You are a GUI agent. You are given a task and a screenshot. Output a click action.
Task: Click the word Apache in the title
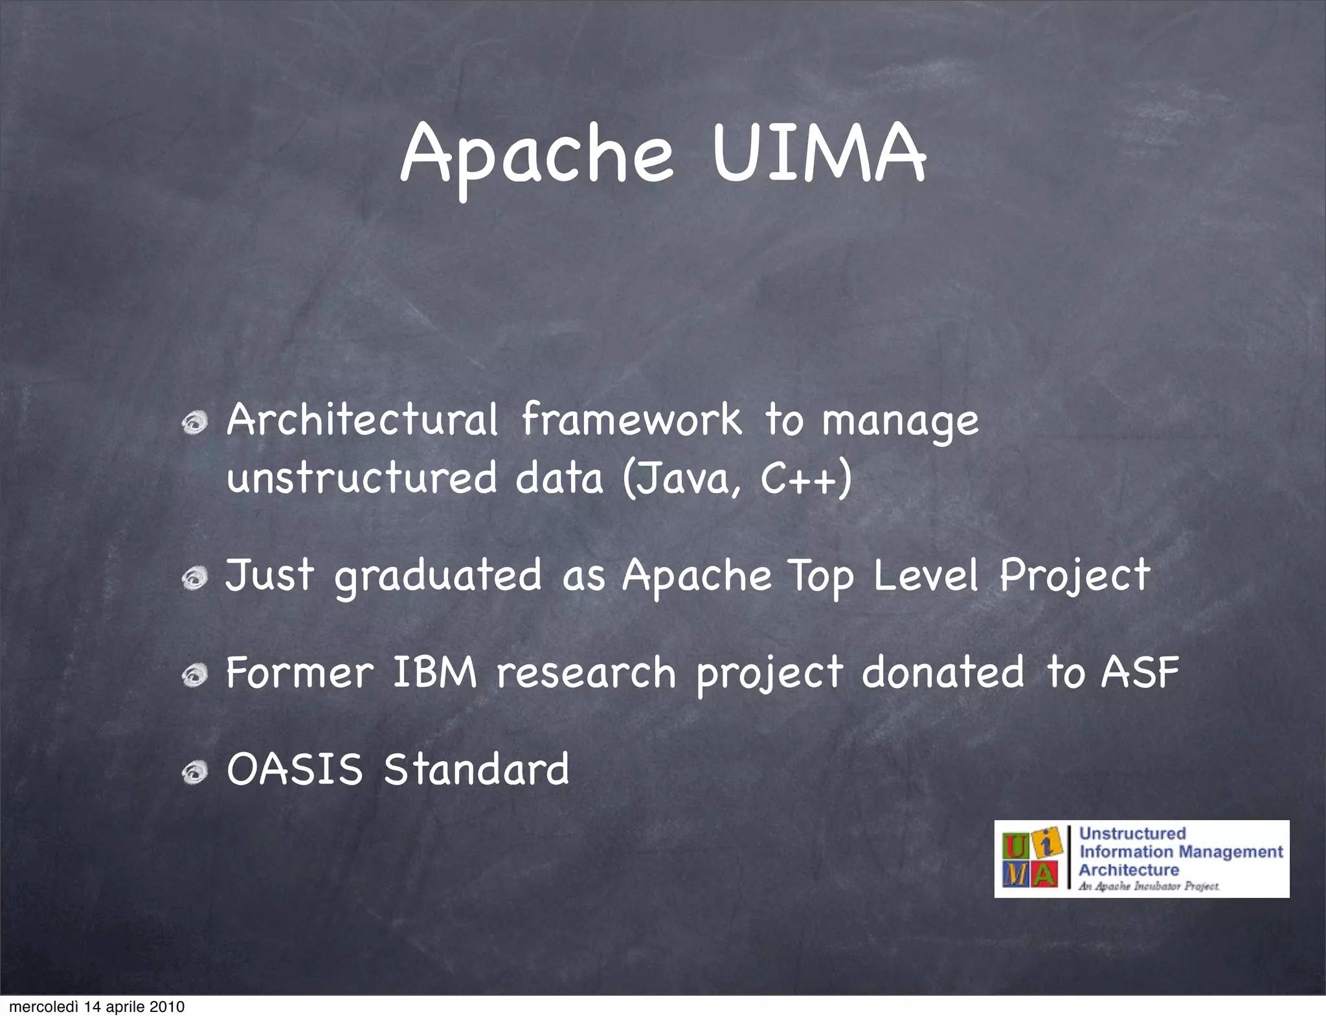(x=537, y=155)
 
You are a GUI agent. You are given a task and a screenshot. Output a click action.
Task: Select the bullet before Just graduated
(x=194, y=577)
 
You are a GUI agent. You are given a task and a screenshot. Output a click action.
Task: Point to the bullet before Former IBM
(x=194, y=676)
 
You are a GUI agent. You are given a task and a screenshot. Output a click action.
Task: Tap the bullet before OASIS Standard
(x=194, y=772)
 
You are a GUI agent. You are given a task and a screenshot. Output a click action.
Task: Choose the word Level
(x=926, y=575)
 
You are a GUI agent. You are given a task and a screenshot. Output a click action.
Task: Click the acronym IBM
(x=434, y=672)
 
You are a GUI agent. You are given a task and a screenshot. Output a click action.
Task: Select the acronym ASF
(x=1140, y=672)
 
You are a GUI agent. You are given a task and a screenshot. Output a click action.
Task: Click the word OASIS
(x=295, y=770)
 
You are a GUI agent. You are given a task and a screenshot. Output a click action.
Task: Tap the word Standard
(x=477, y=770)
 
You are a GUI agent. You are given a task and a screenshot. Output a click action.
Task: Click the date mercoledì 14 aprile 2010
(x=97, y=1007)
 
